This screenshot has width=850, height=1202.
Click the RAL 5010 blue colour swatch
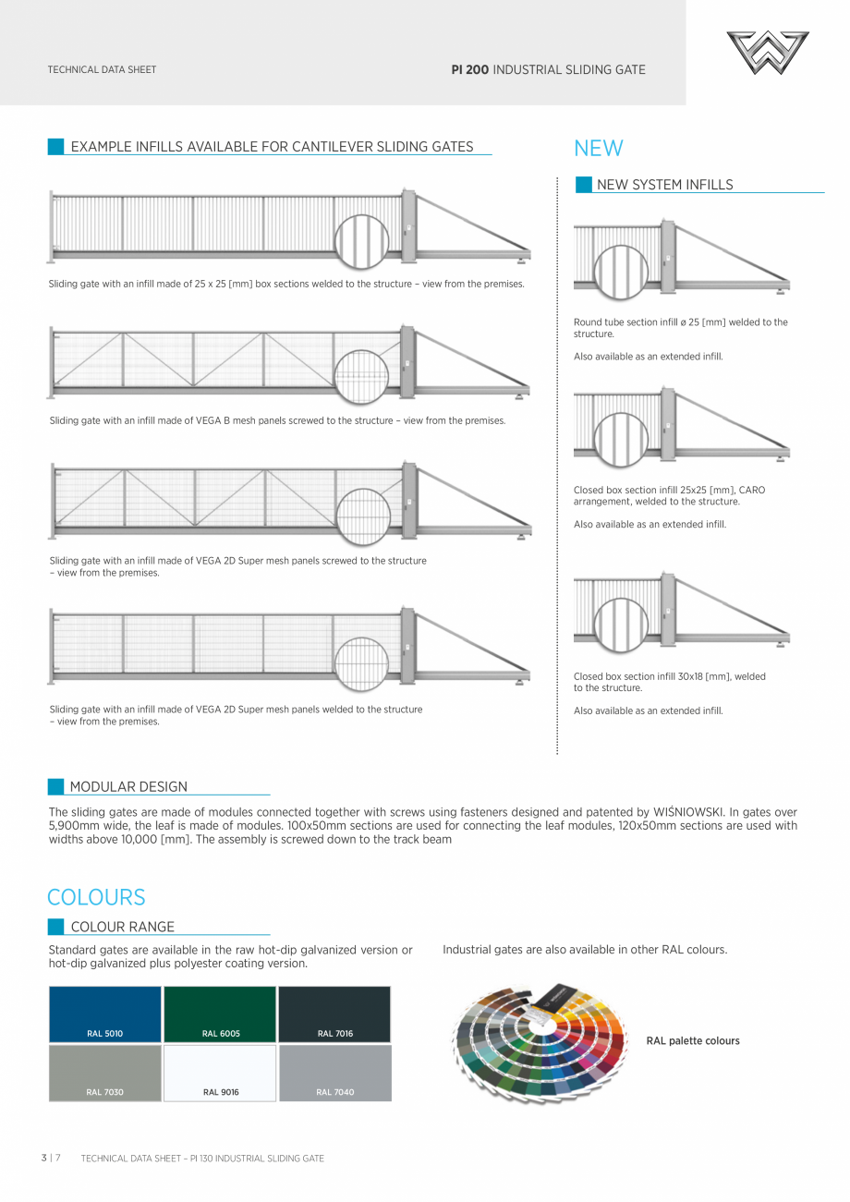104,1014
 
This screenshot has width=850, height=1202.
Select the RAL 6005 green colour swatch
220,1014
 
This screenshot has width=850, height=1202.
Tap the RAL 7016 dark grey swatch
334,1014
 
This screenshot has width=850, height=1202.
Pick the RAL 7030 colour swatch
104,1073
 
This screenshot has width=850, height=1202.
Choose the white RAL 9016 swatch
220,1073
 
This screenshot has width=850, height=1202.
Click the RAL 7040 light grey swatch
334,1073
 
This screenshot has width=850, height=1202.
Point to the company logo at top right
767,53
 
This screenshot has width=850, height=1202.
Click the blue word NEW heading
599,149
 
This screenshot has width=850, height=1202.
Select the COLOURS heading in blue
96,897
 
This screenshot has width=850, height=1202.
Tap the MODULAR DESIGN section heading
128,787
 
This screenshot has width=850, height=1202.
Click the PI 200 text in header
469,69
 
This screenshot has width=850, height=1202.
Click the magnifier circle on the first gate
361,241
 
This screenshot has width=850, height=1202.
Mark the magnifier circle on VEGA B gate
361,377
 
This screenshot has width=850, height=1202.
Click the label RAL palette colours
693,1041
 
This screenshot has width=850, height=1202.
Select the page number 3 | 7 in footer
51,1158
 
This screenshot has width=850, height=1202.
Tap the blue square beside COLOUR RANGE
56,927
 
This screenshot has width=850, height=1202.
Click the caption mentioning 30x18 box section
669,682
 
